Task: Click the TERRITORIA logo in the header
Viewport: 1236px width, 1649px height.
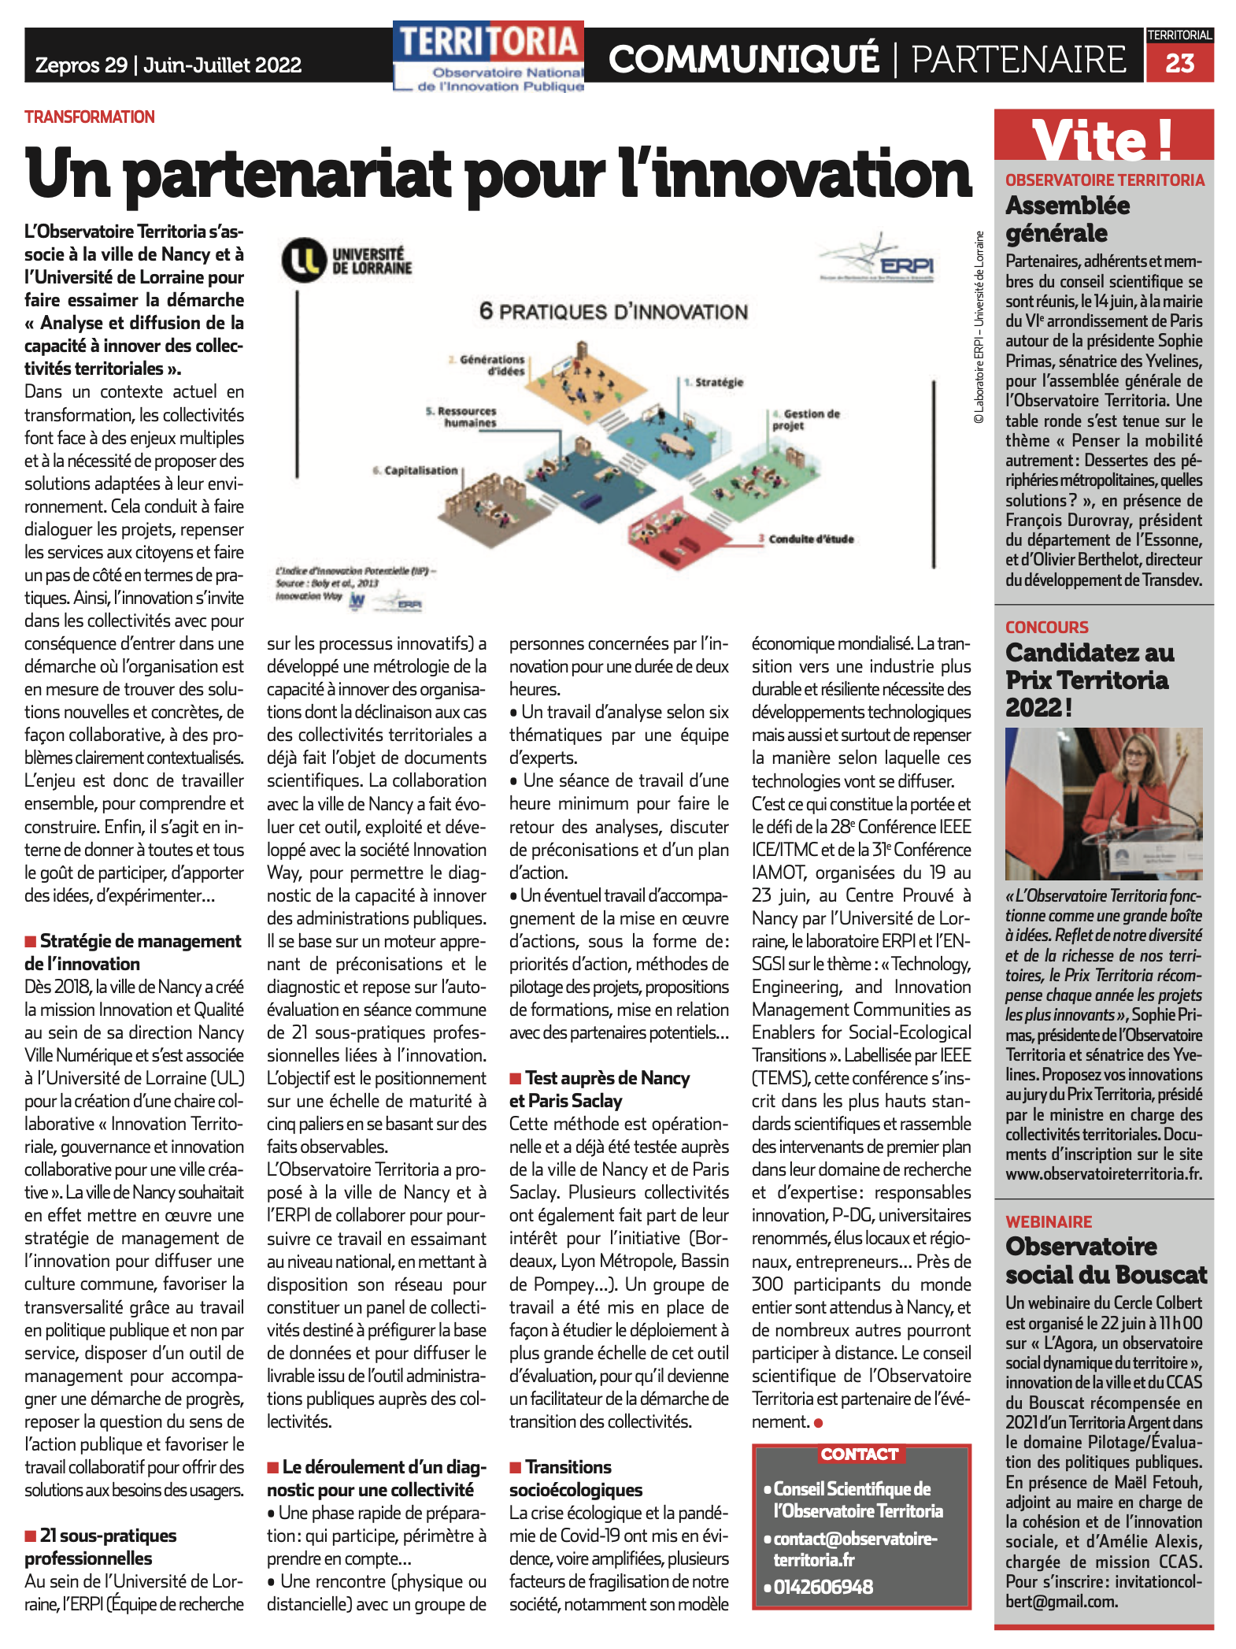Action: pyautogui.click(x=490, y=55)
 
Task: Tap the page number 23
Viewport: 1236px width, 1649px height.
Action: pyautogui.click(x=1179, y=63)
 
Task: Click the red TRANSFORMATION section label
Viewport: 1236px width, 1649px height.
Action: pyautogui.click(x=89, y=117)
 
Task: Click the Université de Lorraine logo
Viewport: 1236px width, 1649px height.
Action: pyautogui.click(x=347, y=261)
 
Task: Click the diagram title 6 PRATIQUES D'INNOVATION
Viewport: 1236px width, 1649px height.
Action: pyautogui.click(x=613, y=312)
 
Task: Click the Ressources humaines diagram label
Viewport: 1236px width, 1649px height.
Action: pyautogui.click(x=462, y=417)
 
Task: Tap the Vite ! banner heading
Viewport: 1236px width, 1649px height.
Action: pyautogui.click(x=1103, y=139)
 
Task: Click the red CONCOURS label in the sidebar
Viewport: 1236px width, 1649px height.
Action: pyautogui.click(x=1046, y=628)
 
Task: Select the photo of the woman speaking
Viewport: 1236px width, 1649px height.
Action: pyautogui.click(x=1103, y=803)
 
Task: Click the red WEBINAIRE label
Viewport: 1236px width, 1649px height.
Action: pyautogui.click(x=1049, y=1222)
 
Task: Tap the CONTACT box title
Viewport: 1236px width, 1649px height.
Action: pyautogui.click(x=860, y=1454)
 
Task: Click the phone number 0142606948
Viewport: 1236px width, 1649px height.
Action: pyautogui.click(x=823, y=1587)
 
